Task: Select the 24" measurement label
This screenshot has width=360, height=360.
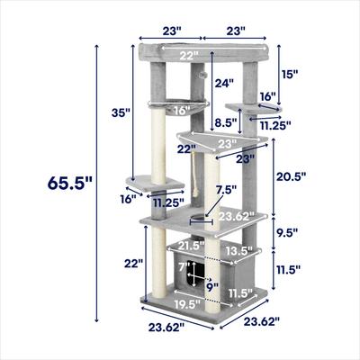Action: pyautogui.click(x=224, y=83)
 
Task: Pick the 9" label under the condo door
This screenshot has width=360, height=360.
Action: pyautogui.click(x=211, y=288)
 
